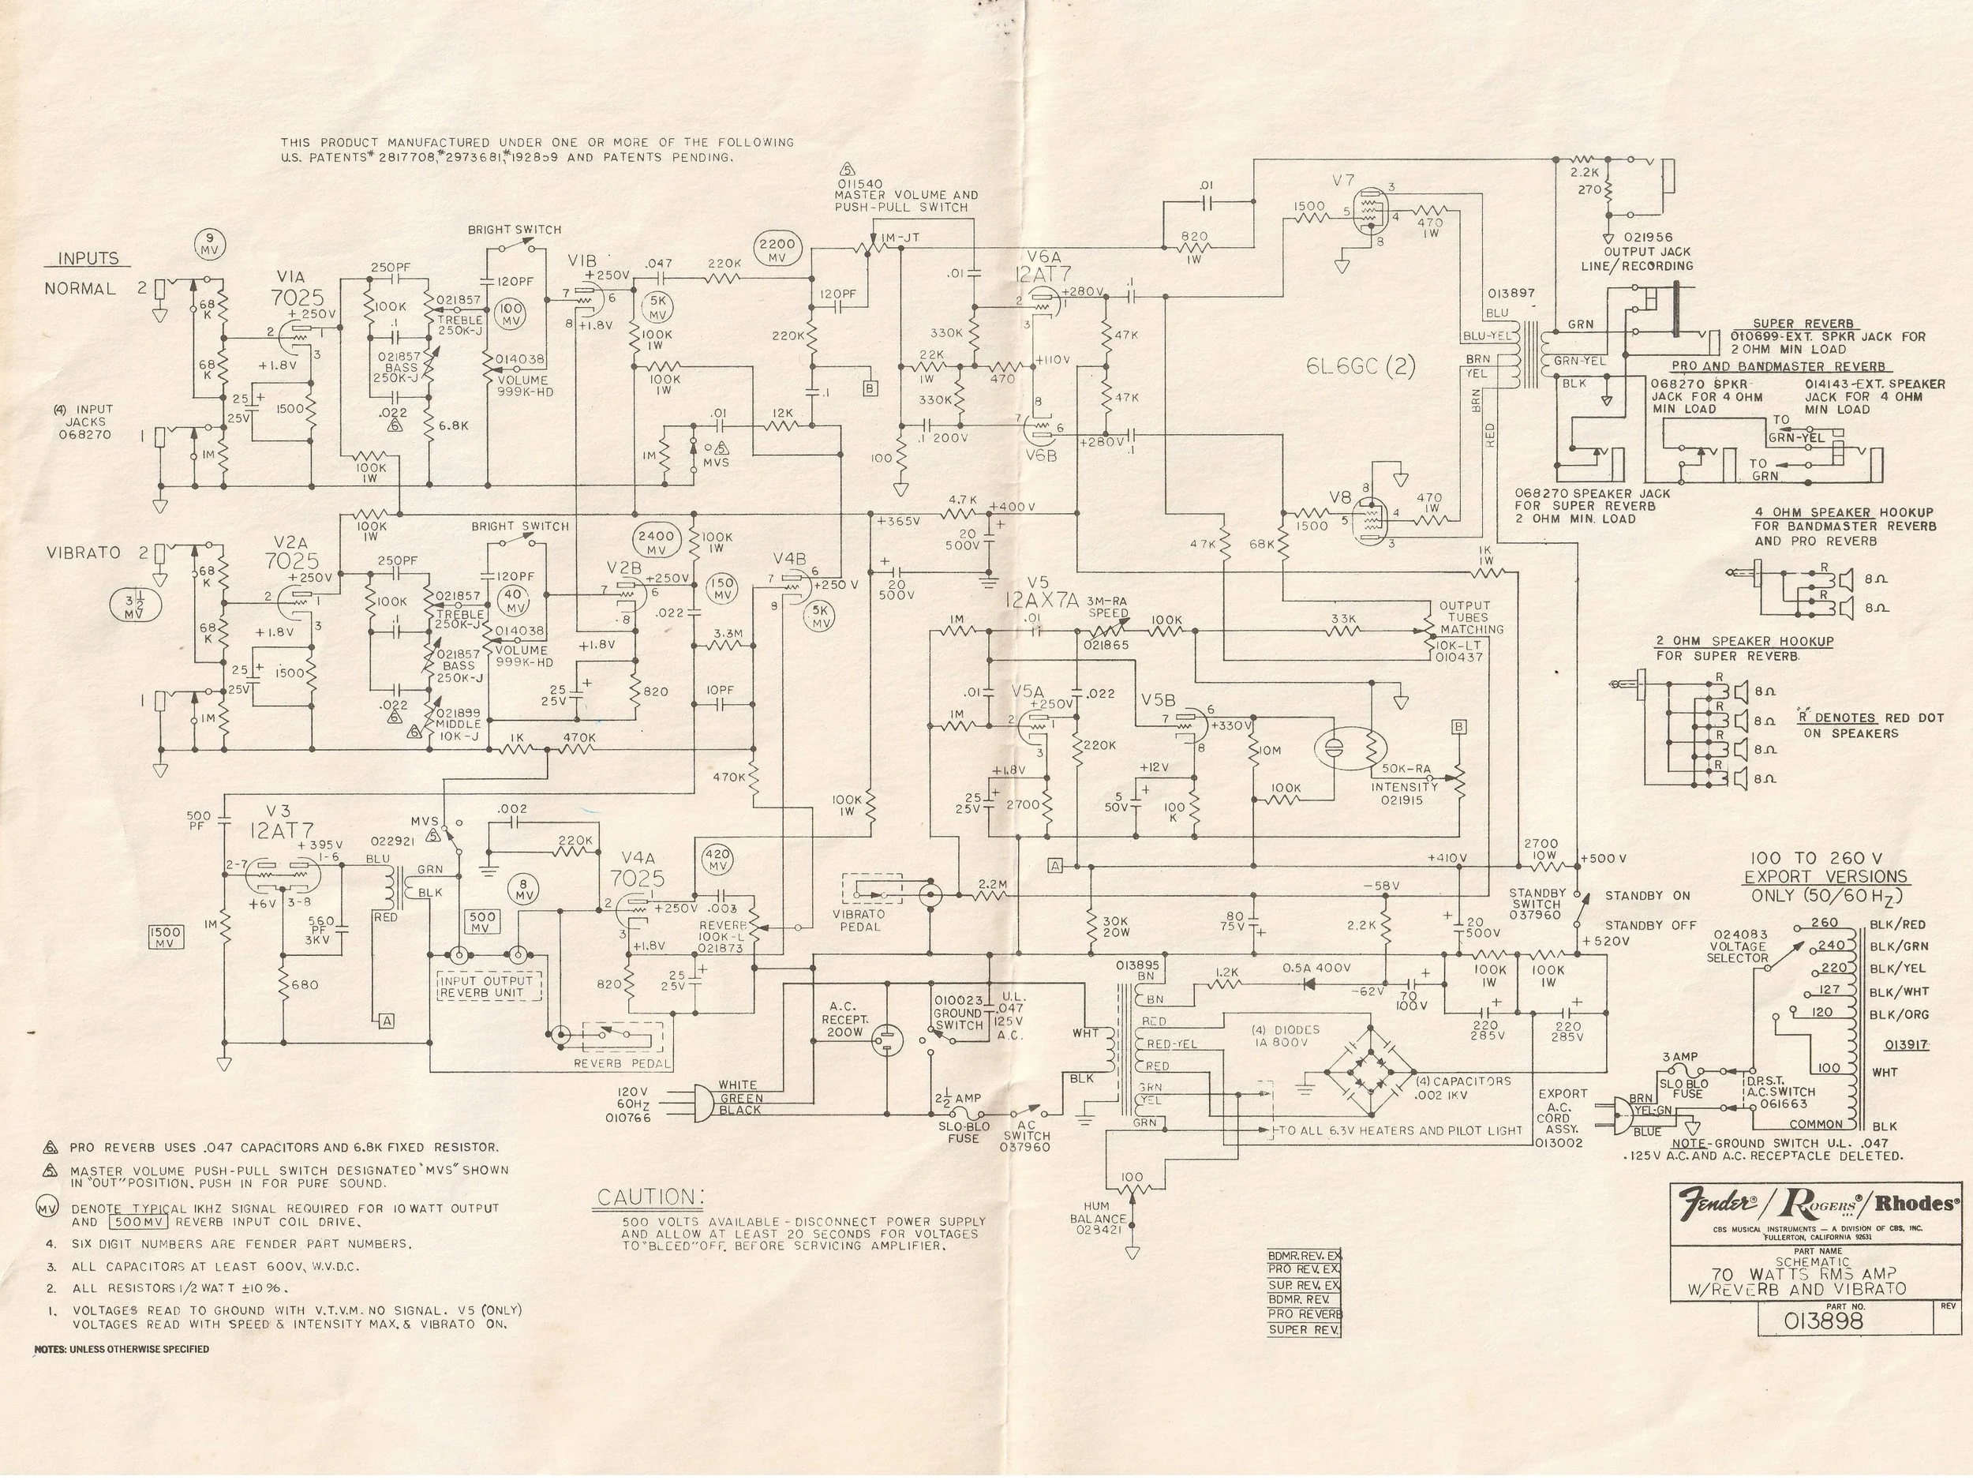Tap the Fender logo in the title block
(x=1718, y=1204)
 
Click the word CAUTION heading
(x=650, y=1197)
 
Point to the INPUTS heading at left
(x=88, y=259)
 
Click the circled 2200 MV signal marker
(x=779, y=249)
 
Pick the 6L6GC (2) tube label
(x=1361, y=365)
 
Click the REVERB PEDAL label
(x=623, y=1063)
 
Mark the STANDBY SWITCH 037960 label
(x=1537, y=903)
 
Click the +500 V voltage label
(x=1604, y=858)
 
